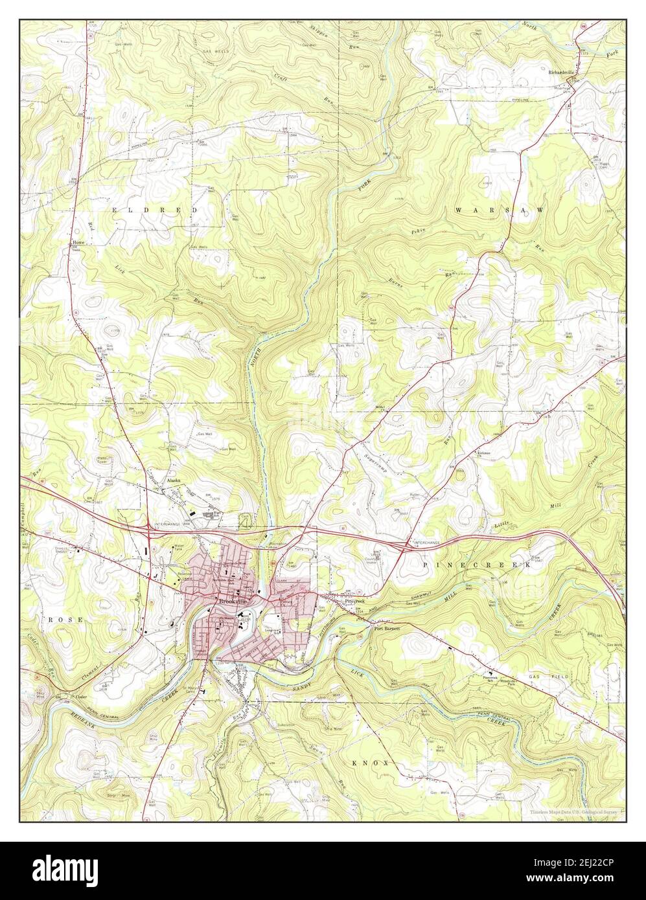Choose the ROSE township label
pyautogui.click(x=66, y=620)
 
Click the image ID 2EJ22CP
pyautogui.click(x=586, y=864)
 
